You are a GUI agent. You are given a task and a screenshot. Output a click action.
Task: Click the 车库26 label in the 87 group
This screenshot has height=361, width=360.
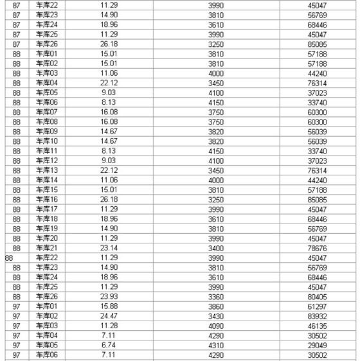click(x=47, y=44)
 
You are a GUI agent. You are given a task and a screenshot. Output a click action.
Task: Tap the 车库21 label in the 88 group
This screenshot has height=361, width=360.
click(x=47, y=248)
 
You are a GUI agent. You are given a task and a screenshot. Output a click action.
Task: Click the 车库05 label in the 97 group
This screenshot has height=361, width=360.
click(x=47, y=345)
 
